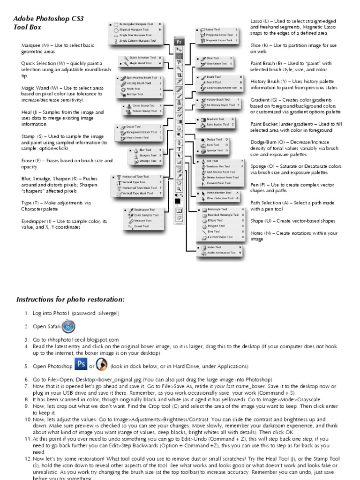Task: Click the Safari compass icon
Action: (68, 326)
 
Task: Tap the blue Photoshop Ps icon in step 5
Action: (81, 365)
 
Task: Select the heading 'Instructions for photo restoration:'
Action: (71, 299)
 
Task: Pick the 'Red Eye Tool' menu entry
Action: (135, 95)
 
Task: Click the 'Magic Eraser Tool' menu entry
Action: (139, 137)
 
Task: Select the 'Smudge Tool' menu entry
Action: (148, 161)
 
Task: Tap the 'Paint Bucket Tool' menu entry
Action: (217, 125)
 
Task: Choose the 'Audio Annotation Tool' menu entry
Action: (223, 253)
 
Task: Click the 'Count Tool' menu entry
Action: (141, 226)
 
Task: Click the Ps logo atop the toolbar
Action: (179, 42)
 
